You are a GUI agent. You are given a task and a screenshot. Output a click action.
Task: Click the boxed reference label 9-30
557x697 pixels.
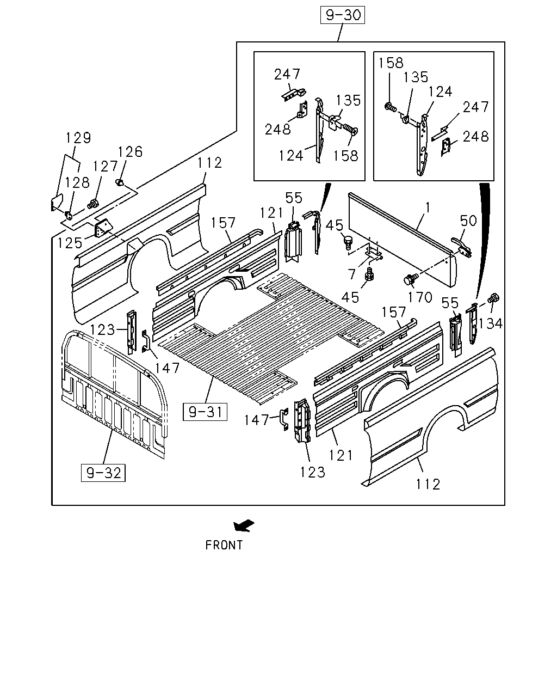pos(343,15)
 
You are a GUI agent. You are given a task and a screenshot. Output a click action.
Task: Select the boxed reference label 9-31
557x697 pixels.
pos(205,412)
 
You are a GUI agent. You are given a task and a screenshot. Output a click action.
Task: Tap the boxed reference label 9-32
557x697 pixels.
pos(103,473)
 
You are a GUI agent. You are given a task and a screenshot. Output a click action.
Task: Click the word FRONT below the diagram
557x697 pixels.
pos(224,545)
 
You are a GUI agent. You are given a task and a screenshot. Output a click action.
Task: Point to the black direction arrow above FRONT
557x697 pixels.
pos(244,525)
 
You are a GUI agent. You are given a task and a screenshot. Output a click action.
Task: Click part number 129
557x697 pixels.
pos(78,138)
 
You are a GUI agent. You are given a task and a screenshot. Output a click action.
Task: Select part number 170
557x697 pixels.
pos(420,297)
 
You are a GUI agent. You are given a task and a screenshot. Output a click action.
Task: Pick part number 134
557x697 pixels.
pos(490,323)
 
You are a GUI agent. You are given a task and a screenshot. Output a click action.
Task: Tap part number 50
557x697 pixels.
pos(468,221)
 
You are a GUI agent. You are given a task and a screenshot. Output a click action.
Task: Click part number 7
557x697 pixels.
pos(352,274)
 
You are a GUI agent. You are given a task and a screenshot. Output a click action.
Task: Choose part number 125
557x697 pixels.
pos(70,243)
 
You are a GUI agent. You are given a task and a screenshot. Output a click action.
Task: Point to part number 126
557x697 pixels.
pos(130,151)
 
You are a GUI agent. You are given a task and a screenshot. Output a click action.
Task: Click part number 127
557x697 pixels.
pos(105,166)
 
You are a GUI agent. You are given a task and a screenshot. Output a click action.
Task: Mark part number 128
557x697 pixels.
pos(77,182)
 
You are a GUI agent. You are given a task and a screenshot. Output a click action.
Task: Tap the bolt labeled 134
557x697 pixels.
pos(494,297)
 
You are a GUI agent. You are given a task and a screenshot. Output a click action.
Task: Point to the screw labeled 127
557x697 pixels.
pos(93,204)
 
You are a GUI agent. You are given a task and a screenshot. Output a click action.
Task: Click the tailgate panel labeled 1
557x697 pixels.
pos(403,240)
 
